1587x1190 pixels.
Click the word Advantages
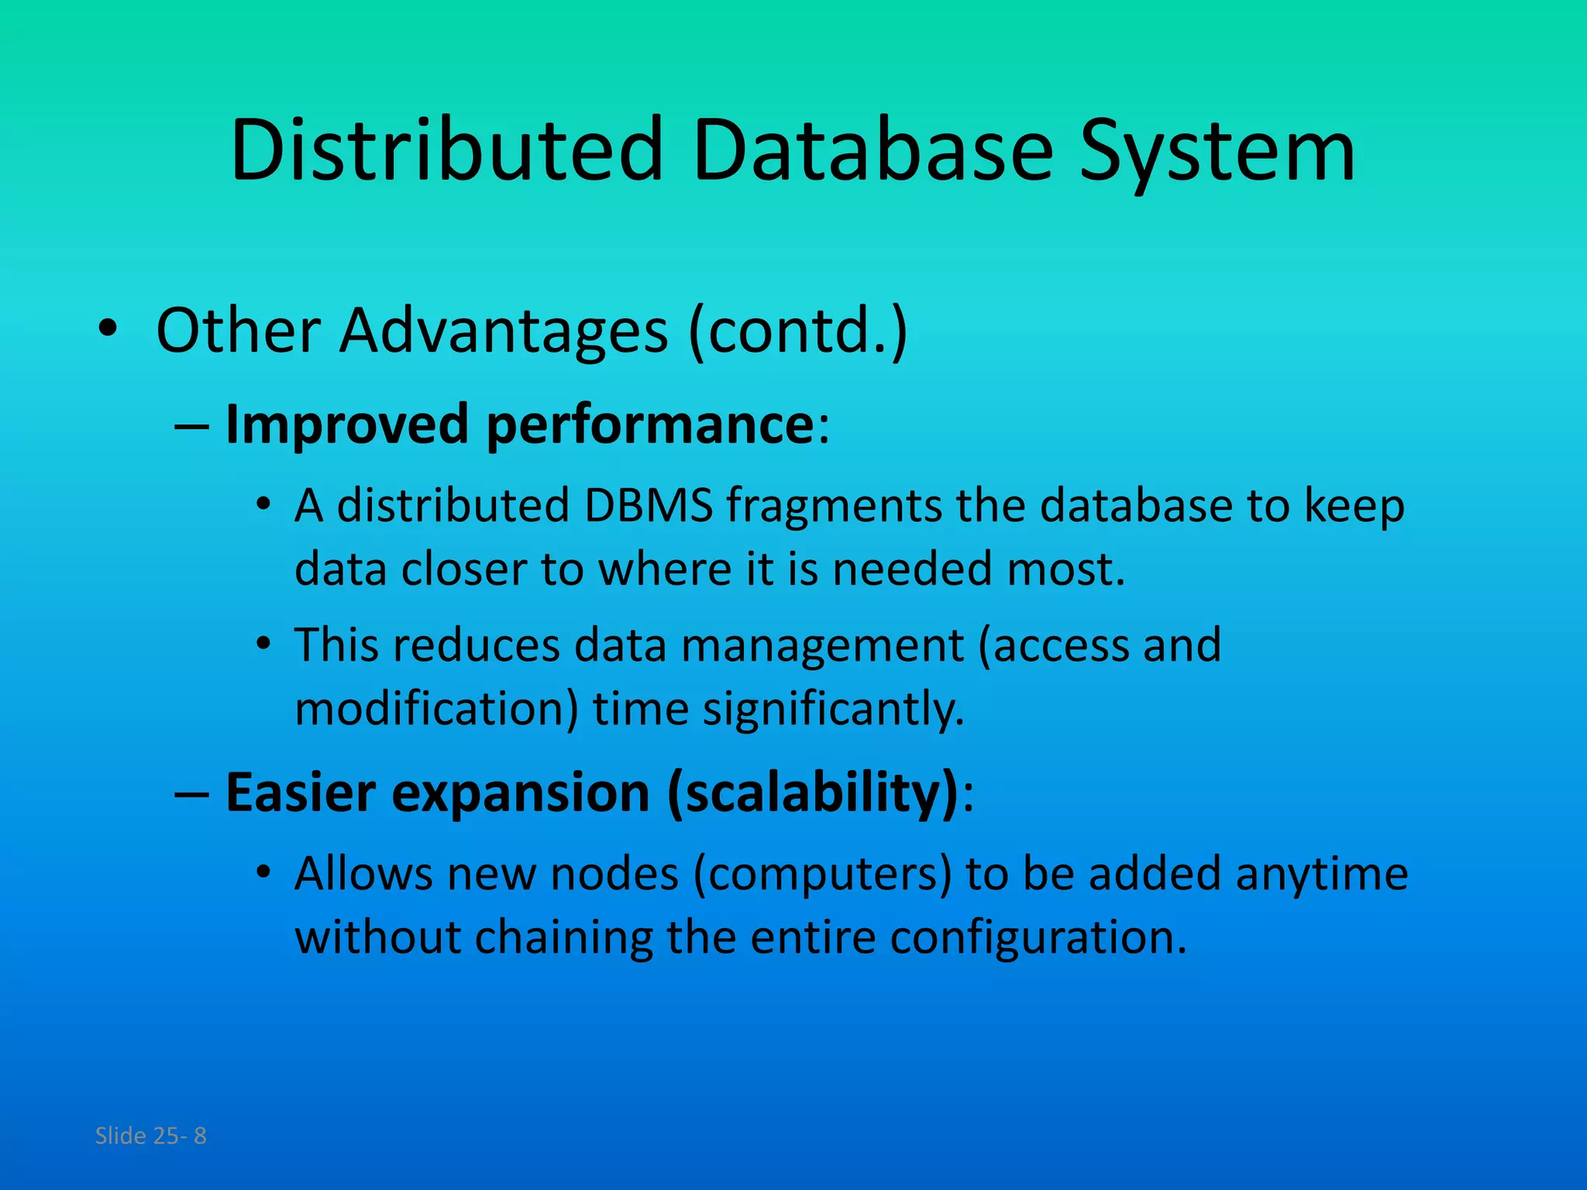pos(504,331)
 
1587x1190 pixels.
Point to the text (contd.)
pos(797,331)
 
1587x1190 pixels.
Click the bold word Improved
pos(346,425)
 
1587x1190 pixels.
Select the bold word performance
pos(649,425)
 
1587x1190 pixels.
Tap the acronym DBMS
pos(648,505)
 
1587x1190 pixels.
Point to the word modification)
pos(436,709)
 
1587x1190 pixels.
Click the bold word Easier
pos(299,793)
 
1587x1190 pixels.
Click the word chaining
pos(563,938)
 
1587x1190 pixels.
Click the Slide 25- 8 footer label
pos(150,1136)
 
